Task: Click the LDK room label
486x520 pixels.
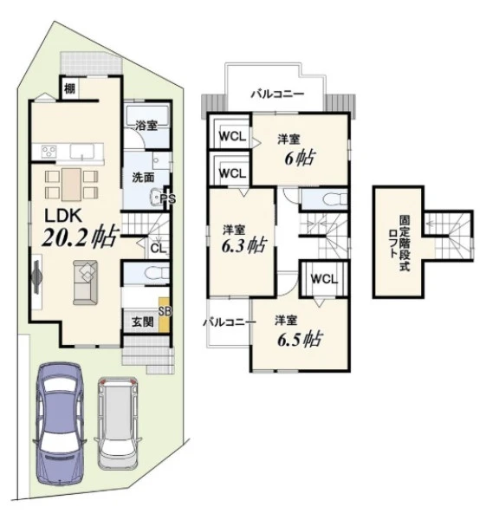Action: click(x=63, y=216)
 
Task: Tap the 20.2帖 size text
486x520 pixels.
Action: click(x=80, y=237)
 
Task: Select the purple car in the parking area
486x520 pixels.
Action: click(x=60, y=424)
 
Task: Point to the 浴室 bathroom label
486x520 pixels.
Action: click(x=146, y=126)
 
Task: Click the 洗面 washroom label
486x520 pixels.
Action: click(x=143, y=178)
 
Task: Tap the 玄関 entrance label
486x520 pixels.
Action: click(x=143, y=322)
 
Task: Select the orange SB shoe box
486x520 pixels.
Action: click(x=164, y=315)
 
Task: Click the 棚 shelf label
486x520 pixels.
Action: click(x=69, y=88)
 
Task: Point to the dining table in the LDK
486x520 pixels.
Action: click(x=71, y=185)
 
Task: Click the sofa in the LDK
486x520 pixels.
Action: click(x=85, y=283)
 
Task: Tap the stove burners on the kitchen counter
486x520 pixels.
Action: click(x=49, y=152)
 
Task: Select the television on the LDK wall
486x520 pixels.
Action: click(x=36, y=277)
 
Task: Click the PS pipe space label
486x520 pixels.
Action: click(x=168, y=199)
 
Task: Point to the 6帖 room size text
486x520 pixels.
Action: click(x=300, y=159)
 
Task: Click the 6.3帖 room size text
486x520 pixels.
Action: click(x=243, y=245)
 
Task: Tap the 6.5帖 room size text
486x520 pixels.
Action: click(x=300, y=339)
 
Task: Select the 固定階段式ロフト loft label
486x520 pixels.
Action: click(x=399, y=243)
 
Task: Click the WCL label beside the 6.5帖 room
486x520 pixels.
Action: click(x=324, y=279)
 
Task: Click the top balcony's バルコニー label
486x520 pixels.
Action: click(x=277, y=94)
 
